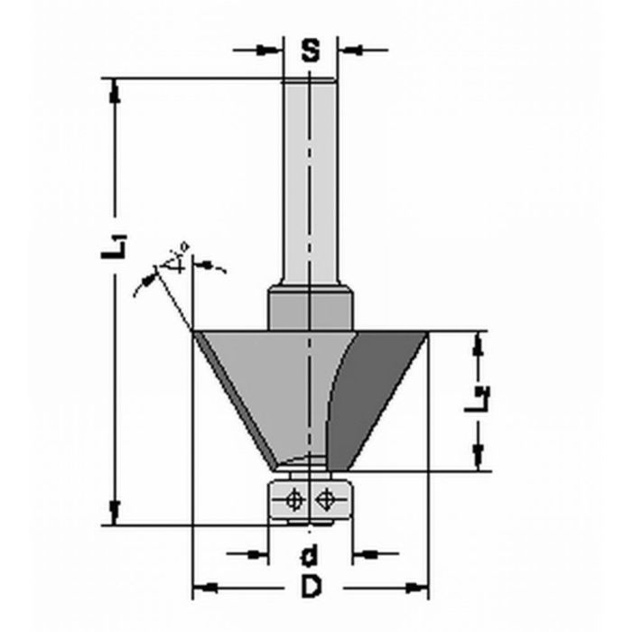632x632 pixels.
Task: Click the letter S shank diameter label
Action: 311,51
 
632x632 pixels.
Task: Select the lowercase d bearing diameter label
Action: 310,553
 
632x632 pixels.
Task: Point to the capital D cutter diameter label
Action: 311,589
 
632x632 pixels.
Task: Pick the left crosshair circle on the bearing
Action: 293,498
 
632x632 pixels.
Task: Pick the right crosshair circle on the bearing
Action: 326,498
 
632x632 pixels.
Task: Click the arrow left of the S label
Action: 272,50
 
